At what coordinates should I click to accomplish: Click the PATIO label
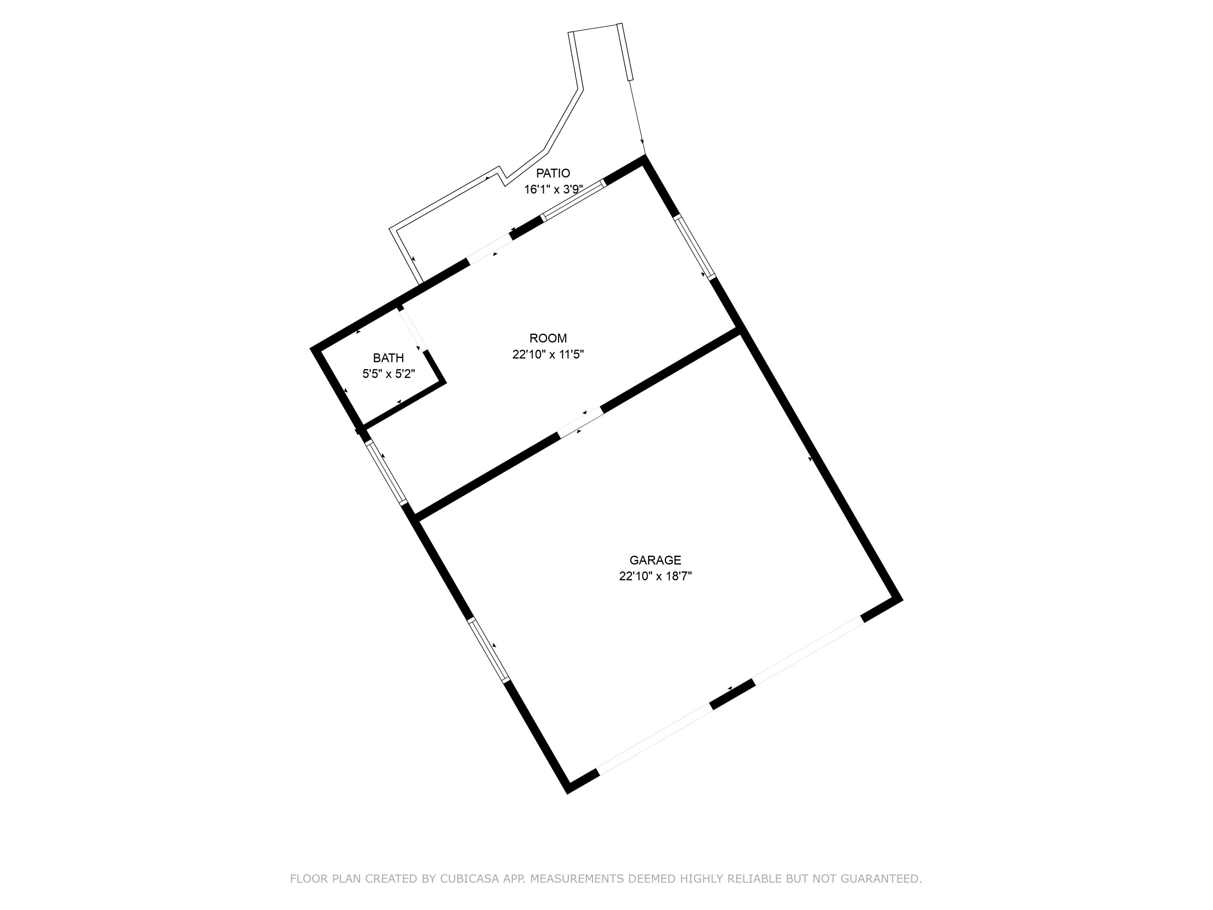(553, 174)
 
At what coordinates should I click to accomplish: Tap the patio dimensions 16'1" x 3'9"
(553, 190)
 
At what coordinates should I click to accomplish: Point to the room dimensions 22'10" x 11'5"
(548, 354)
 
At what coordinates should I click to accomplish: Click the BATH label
(388, 358)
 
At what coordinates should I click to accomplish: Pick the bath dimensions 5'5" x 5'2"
(388, 374)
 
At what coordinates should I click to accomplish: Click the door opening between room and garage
(581, 421)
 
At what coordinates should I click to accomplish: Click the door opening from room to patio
(490, 250)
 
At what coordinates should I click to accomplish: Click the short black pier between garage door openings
(732, 694)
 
